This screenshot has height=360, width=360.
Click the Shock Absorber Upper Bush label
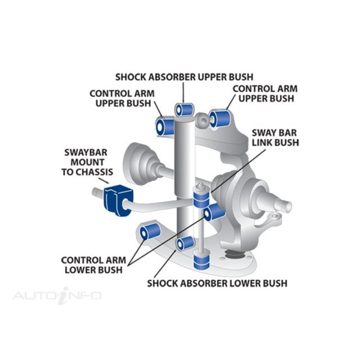[184, 77]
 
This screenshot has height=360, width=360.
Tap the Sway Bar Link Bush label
[275, 138]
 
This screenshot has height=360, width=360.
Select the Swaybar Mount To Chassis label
[87, 162]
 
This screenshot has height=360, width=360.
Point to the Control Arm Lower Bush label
[94, 265]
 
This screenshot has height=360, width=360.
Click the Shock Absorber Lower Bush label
[217, 283]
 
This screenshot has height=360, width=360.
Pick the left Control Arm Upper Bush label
[122, 98]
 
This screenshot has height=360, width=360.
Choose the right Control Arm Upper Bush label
[265, 93]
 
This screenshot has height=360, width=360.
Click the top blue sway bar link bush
[201, 199]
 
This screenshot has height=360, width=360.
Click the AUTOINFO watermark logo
[57, 295]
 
